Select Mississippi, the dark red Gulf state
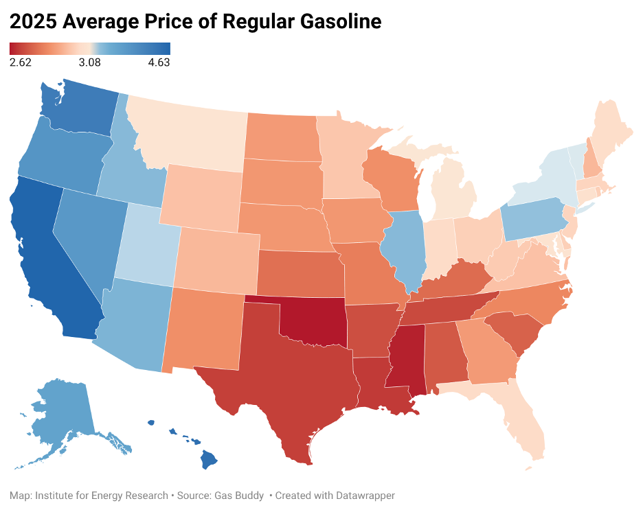coord(407,364)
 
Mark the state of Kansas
coord(299,275)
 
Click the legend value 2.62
coord(21,62)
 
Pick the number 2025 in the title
coord(32,22)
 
